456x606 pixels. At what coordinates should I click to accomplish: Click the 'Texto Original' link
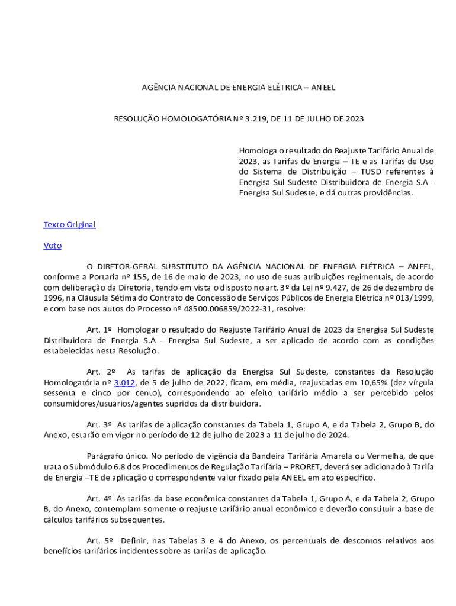click(x=69, y=225)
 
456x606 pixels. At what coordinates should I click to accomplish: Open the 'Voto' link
click(x=52, y=246)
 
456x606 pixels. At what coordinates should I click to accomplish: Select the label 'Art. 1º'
click(x=99, y=330)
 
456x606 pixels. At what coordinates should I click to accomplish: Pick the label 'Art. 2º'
click(x=101, y=372)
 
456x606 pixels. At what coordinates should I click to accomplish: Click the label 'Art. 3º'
click(x=99, y=425)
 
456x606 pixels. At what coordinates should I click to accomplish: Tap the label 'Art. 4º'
click(x=99, y=498)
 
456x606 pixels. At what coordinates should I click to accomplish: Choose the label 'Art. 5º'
click(x=99, y=541)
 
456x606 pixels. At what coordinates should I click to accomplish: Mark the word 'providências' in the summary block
click(x=387, y=193)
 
